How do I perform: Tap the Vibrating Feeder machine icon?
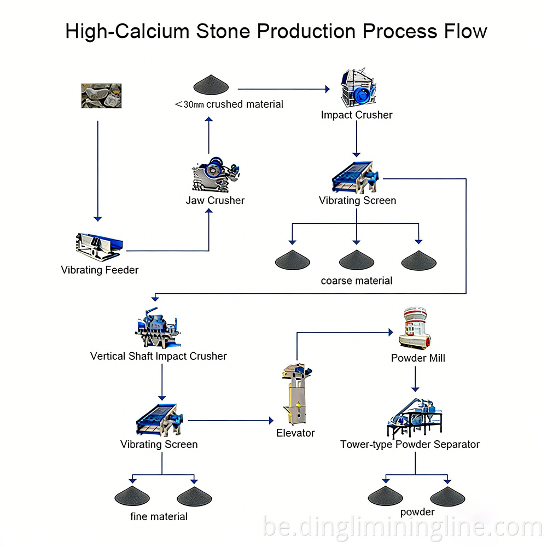tap(99, 246)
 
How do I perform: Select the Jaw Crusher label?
tap(215, 200)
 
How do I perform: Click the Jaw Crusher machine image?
tap(216, 173)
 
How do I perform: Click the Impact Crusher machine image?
tap(357, 88)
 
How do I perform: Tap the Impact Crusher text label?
tap(357, 115)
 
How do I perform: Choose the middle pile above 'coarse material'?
tap(356, 260)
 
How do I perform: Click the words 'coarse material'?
tap(357, 281)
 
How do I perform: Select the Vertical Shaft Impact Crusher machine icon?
tap(159, 329)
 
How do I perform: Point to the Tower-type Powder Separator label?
tap(410, 444)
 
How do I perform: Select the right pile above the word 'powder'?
tap(447, 496)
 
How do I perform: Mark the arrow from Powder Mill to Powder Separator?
tap(415, 379)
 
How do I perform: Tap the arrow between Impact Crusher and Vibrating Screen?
tap(357, 139)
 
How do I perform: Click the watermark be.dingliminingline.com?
tap(402, 528)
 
